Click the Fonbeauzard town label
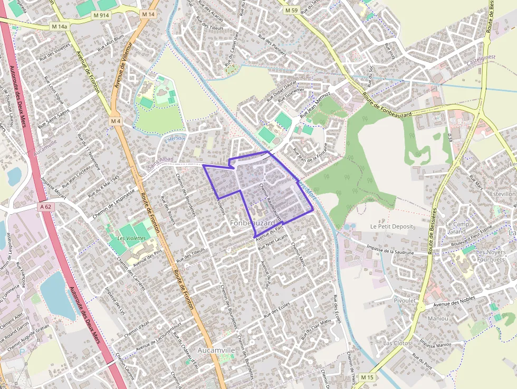(x=253, y=223)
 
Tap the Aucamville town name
(x=216, y=350)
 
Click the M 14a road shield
(x=60, y=26)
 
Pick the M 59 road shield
(x=291, y=10)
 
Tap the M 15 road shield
(x=367, y=377)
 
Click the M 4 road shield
(x=116, y=121)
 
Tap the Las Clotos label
(x=397, y=343)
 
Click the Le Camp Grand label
(x=457, y=227)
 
